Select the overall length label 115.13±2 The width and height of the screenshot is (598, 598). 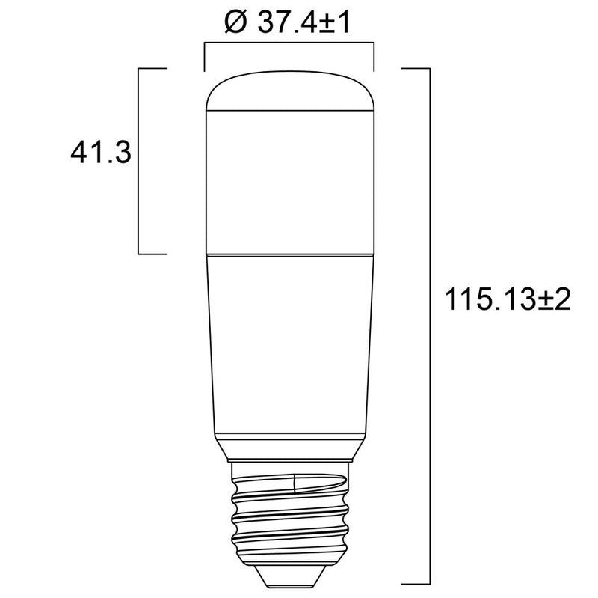point(508,300)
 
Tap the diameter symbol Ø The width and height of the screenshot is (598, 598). point(235,23)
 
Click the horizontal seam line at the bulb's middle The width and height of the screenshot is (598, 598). point(289,254)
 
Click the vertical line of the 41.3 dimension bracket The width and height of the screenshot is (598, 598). point(140,161)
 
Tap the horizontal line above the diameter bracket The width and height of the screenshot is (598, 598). point(289,45)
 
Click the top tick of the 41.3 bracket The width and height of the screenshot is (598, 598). point(152,68)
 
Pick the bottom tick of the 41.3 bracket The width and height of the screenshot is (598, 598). point(152,254)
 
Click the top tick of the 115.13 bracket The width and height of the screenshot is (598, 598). point(416,68)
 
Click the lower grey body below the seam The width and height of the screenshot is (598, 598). point(289,344)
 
